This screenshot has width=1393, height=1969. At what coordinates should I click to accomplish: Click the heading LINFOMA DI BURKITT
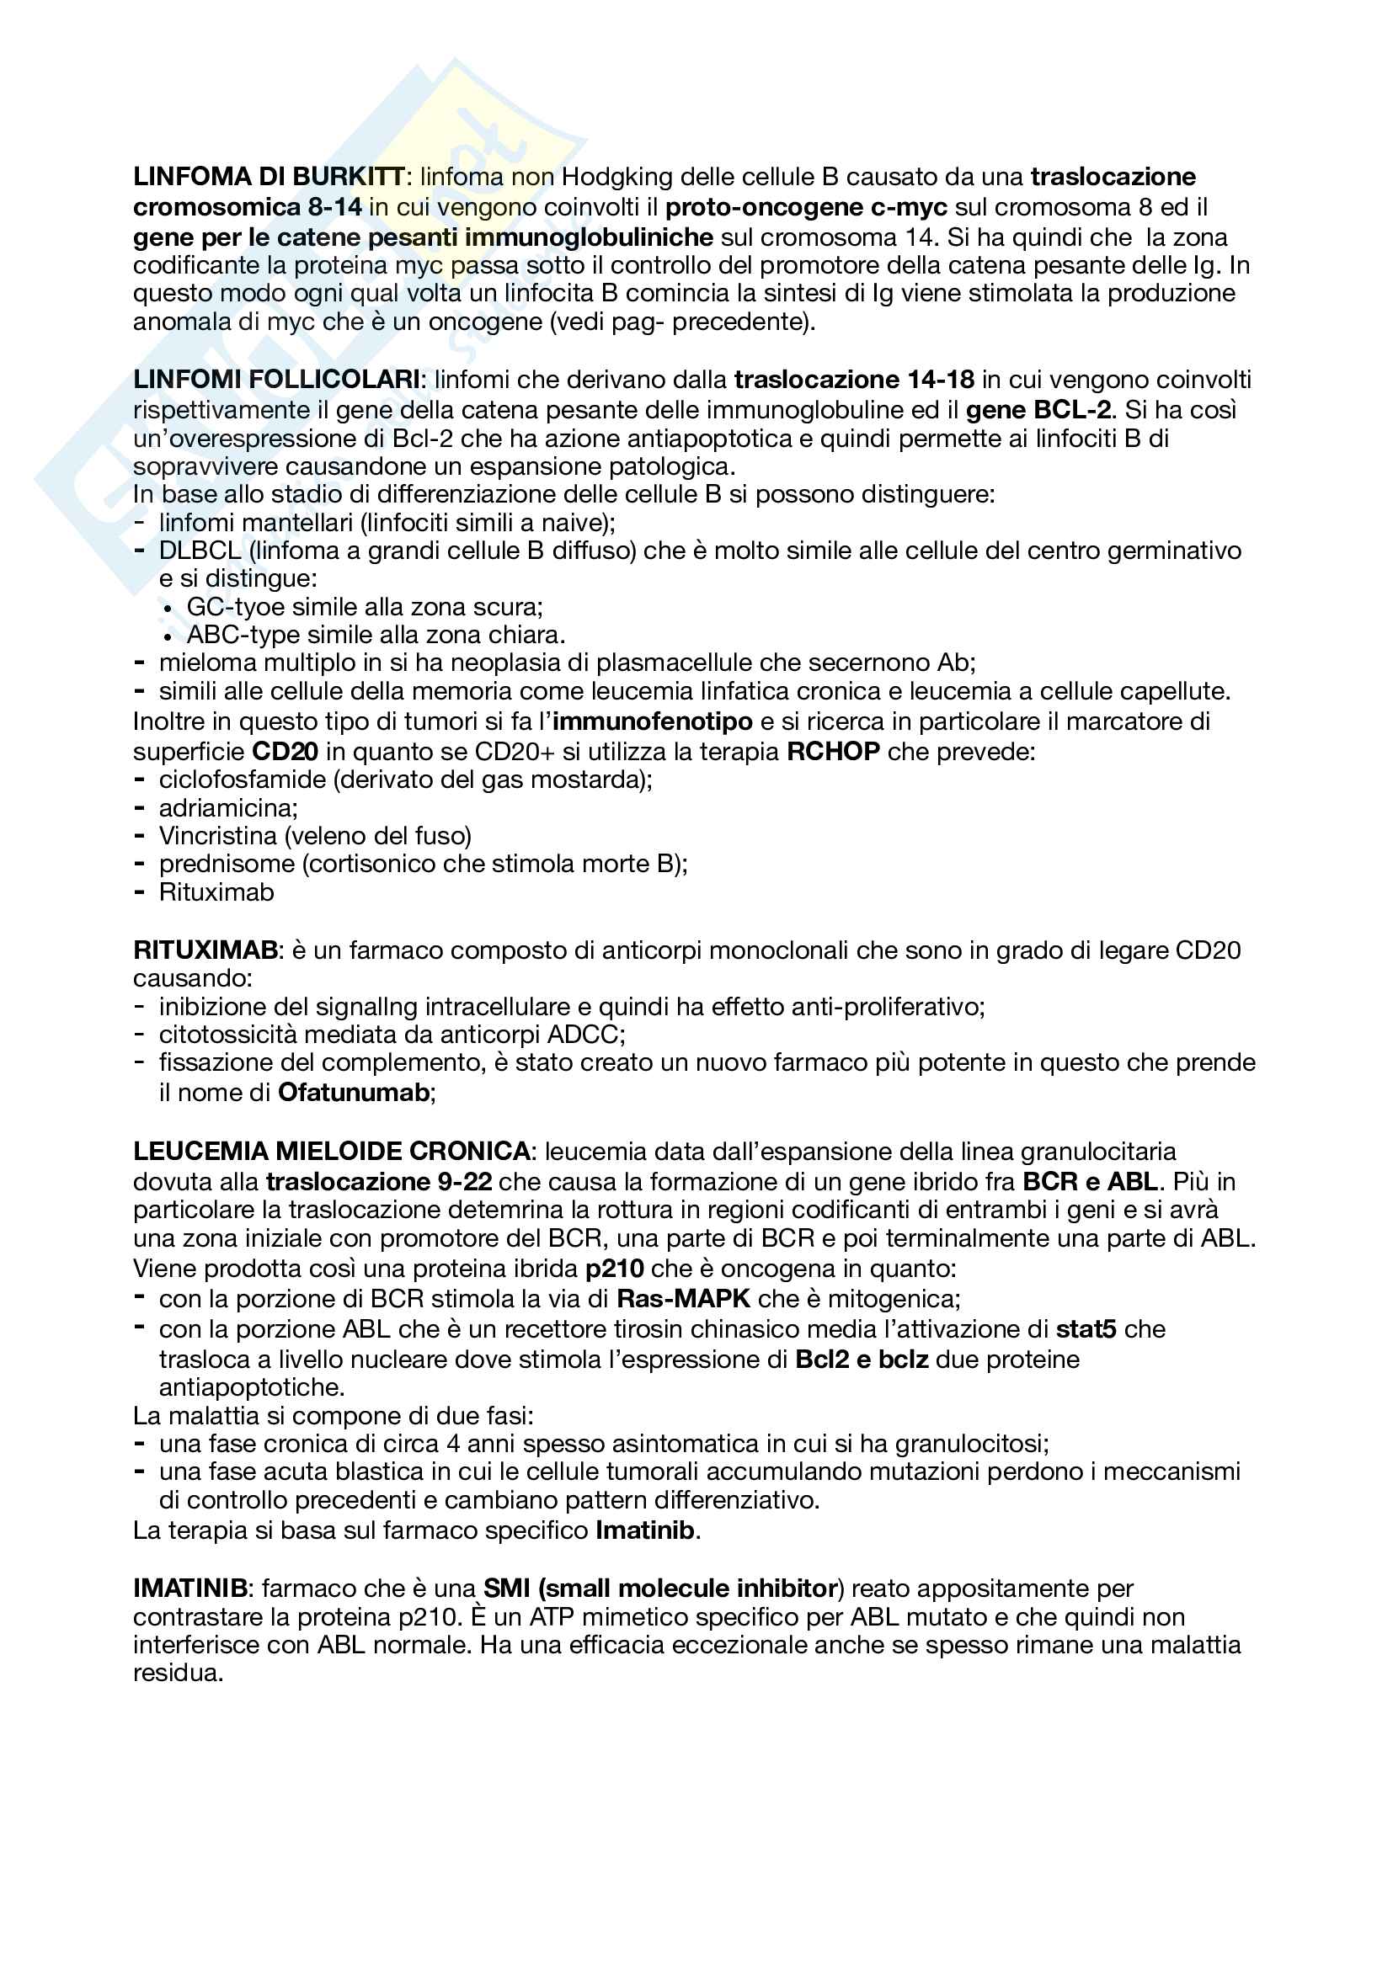(269, 177)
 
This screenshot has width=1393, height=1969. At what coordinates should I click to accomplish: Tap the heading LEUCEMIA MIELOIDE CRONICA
(332, 1151)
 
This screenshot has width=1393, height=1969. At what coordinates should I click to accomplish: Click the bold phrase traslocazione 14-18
(854, 379)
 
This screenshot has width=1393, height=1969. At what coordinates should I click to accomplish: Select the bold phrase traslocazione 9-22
(378, 1182)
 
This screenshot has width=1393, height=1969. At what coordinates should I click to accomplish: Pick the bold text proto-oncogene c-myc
(806, 207)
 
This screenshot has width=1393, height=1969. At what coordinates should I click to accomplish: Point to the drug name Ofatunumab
(354, 1093)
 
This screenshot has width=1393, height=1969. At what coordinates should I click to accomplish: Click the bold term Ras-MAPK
(684, 1298)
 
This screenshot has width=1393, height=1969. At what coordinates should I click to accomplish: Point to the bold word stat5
(1086, 1328)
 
